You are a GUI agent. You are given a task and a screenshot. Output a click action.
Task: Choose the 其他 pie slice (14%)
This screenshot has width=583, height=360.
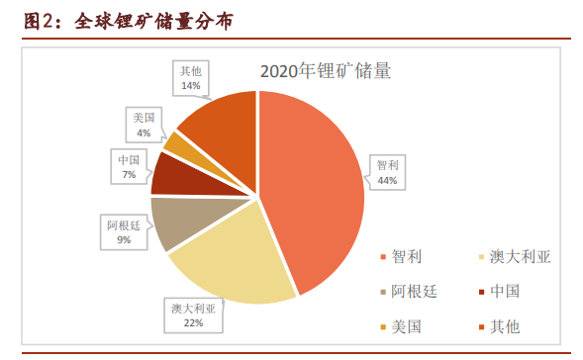click(223, 124)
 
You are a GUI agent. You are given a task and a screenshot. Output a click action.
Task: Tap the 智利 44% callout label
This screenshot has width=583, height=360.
click(386, 172)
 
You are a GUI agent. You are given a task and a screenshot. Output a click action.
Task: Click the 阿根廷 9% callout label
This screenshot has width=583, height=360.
click(123, 231)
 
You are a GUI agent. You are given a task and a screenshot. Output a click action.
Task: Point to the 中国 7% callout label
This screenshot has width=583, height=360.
click(128, 166)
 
